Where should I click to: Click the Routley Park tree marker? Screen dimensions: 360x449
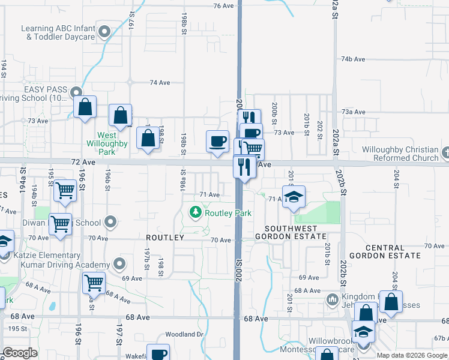195,212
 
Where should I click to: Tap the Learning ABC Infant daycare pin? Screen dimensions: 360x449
104,31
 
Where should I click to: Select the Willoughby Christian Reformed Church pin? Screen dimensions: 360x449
445,153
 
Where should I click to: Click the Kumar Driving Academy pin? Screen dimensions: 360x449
119,264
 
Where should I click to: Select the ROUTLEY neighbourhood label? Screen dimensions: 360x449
164,238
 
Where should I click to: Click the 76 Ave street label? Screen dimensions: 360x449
223,5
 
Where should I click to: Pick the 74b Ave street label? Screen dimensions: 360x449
353,59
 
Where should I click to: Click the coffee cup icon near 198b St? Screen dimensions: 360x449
217,142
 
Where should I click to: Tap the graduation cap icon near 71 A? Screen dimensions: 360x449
294,197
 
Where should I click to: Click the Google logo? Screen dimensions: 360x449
20,353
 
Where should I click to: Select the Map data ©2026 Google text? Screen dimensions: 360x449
412,355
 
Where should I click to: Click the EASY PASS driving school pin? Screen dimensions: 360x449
76,92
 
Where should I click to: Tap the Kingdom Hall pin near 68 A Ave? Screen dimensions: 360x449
332,299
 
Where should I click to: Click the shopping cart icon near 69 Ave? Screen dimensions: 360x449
94,283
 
